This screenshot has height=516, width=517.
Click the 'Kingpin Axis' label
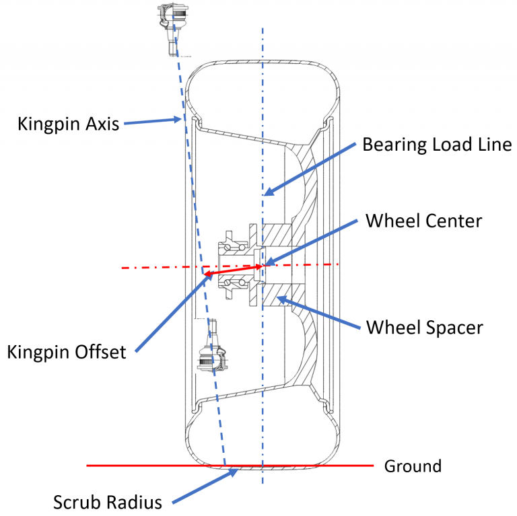[68, 124]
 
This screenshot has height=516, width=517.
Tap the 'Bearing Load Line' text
[437, 144]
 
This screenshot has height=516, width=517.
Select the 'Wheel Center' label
[423, 220]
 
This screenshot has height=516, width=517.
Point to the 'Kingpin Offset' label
[67, 351]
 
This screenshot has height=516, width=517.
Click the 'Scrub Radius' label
[108, 502]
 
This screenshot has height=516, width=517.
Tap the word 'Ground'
[412, 466]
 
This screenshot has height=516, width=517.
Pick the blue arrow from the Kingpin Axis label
[152, 122]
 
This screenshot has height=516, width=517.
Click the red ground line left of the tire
[135, 465]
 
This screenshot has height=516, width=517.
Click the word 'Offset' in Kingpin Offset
[99, 351]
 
